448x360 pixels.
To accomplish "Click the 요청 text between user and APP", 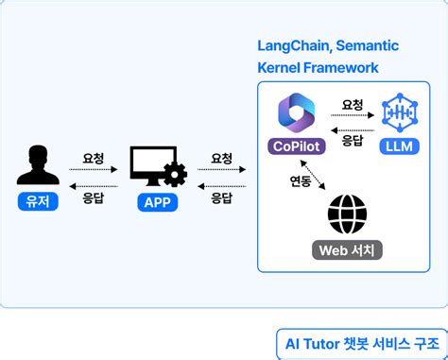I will pos(94,157).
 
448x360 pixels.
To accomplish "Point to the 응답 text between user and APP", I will pos(94,199).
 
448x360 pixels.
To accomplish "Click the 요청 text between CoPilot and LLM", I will pos(353,105).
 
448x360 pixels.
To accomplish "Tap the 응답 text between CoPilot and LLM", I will pos(353,140).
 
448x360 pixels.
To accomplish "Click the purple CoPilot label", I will pos(295,146).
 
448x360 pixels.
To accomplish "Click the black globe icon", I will pos(347,214).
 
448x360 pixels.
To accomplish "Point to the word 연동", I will pos(301,180).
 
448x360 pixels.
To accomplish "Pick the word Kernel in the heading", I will pos(281,68).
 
